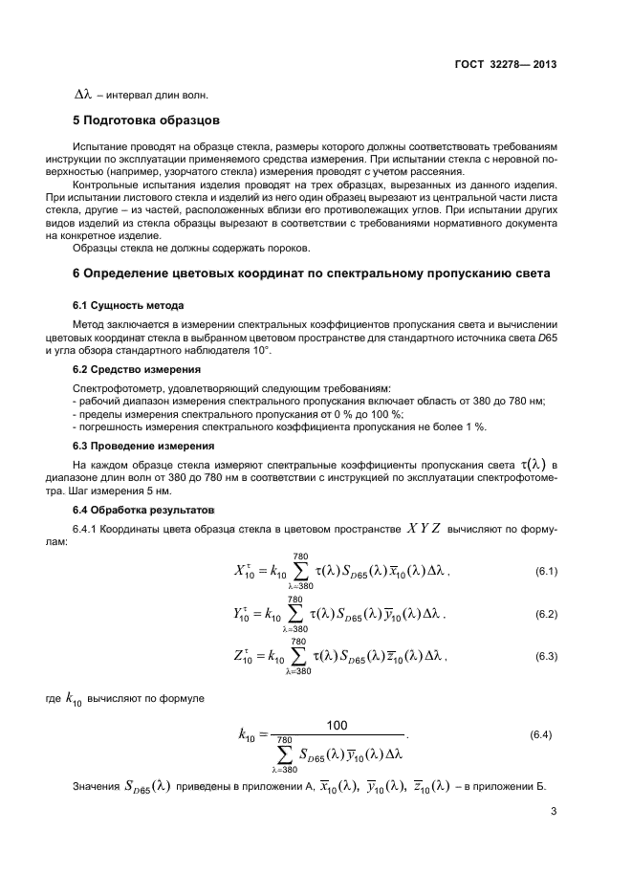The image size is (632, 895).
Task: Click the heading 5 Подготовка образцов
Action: point(146,120)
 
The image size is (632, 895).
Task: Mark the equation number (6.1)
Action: point(545,572)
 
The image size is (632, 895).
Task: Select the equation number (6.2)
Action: point(545,614)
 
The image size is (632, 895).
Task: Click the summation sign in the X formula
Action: point(300,572)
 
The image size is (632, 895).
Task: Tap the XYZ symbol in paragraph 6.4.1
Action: point(425,527)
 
